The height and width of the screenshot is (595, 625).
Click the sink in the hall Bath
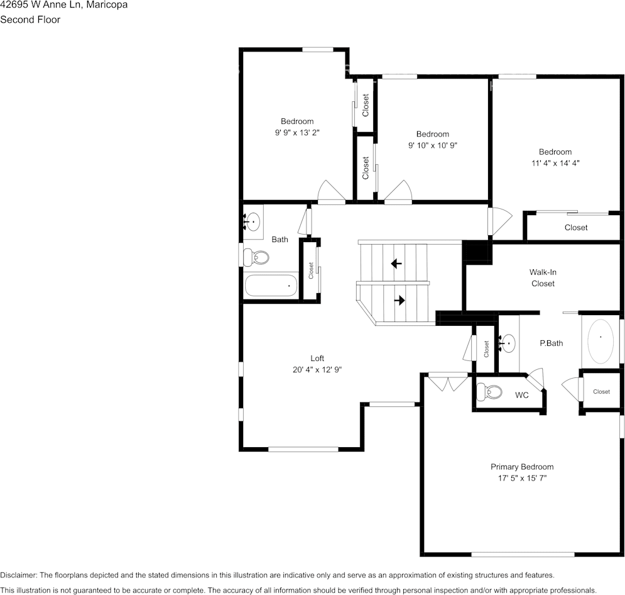(253, 221)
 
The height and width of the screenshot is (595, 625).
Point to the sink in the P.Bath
(508, 343)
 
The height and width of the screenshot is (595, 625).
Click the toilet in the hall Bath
(257, 257)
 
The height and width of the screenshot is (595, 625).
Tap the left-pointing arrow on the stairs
(396, 264)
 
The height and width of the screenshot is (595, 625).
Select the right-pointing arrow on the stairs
(399, 301)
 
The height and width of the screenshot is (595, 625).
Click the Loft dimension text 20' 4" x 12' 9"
(317, 370)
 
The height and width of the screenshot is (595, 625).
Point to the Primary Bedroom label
(522, 467)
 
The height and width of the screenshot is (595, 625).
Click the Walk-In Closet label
(543, 278)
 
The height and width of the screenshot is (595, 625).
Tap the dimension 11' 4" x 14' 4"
(555, 163)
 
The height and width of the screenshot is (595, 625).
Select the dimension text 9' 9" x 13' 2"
(297, 133)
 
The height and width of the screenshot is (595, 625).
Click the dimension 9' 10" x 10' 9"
(432, 145)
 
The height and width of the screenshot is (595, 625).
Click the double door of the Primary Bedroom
(447, 383)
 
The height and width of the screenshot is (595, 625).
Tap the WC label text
(522, 396)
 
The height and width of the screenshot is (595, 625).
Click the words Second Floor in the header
(30, 19)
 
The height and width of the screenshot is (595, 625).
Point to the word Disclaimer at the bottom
(19, 575)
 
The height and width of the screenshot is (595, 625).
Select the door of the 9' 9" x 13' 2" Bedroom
(332, 192)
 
